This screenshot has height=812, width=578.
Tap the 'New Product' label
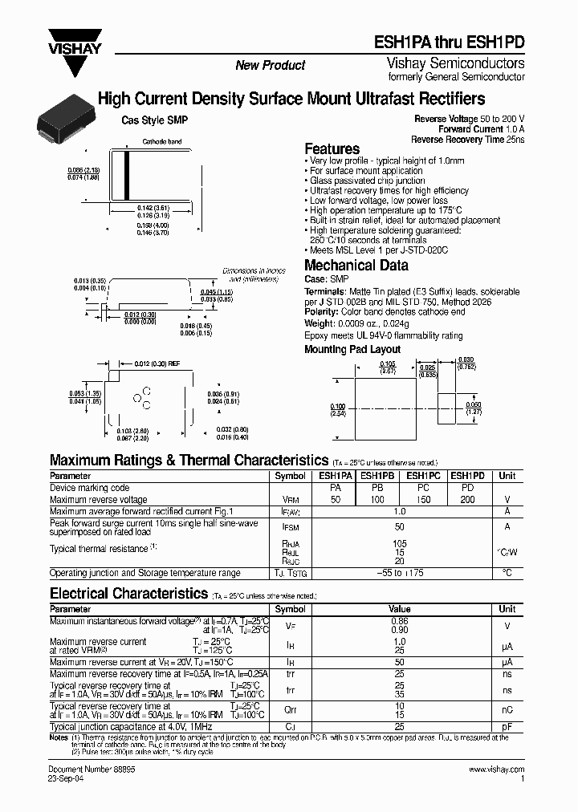tap(270, 65)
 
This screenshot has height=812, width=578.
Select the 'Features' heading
tap(332, 148)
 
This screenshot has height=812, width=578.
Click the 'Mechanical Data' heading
tap(356, 266)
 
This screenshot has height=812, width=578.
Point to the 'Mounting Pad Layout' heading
tap(352, 350)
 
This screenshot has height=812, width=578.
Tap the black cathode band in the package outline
tap(126, 175)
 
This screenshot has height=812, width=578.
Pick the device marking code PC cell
tap(423, 488)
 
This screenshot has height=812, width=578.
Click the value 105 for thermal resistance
tap(401, 543)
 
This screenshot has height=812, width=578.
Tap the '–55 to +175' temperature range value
tap(401, 573)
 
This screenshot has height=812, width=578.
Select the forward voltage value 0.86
tap(400, 621)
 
